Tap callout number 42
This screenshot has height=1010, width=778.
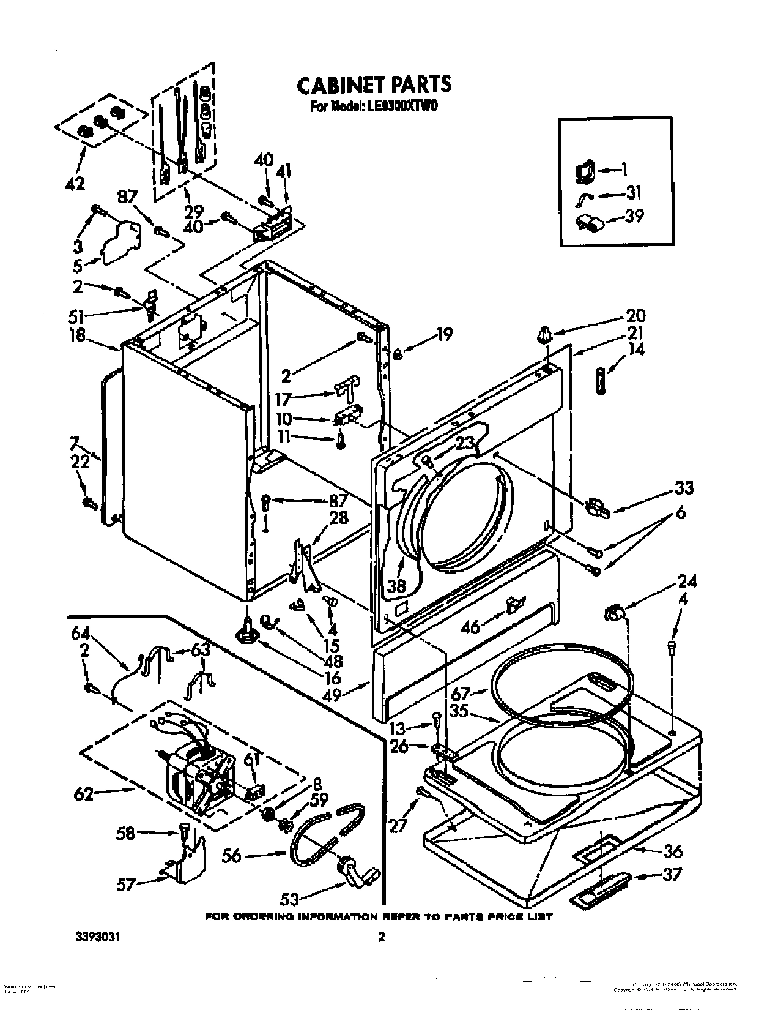[75, 182]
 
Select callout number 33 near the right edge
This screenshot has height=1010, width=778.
[684, 488]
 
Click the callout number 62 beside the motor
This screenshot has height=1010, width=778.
[84, 795]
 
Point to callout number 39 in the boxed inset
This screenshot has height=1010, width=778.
[634, 216]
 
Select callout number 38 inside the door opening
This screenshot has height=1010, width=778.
[396, 586]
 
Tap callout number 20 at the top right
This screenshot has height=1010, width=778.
[635, 316]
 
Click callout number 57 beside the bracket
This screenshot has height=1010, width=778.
[126, 885]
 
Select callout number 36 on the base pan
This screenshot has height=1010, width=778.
[672, 851]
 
